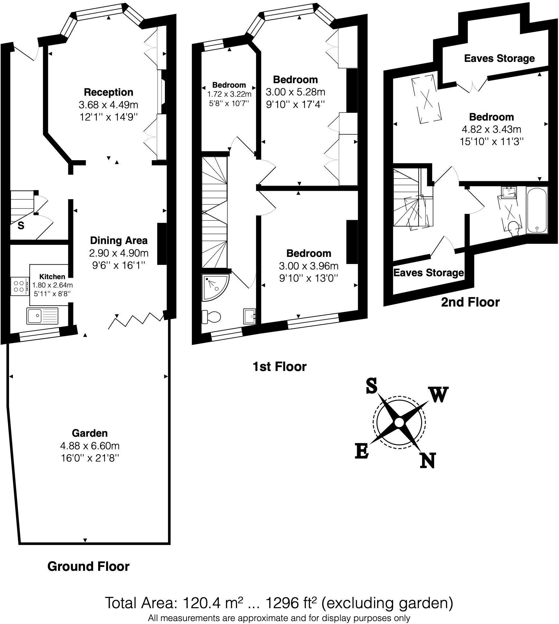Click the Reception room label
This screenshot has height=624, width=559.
tap(109, 93)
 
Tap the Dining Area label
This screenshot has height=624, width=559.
tap(118, 240)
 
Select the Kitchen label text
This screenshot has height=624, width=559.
tap(52, 276)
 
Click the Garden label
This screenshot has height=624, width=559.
tap(90, 433)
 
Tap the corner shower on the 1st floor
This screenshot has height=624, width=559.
tap(214, 287)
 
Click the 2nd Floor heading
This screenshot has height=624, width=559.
tap(470, 302)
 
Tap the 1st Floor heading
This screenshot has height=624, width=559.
tap(279, 366)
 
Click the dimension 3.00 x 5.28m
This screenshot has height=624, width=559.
tap(295, 92)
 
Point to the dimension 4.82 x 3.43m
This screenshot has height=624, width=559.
tap(491, 129)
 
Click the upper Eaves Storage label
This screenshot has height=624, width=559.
tap(499, 58)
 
